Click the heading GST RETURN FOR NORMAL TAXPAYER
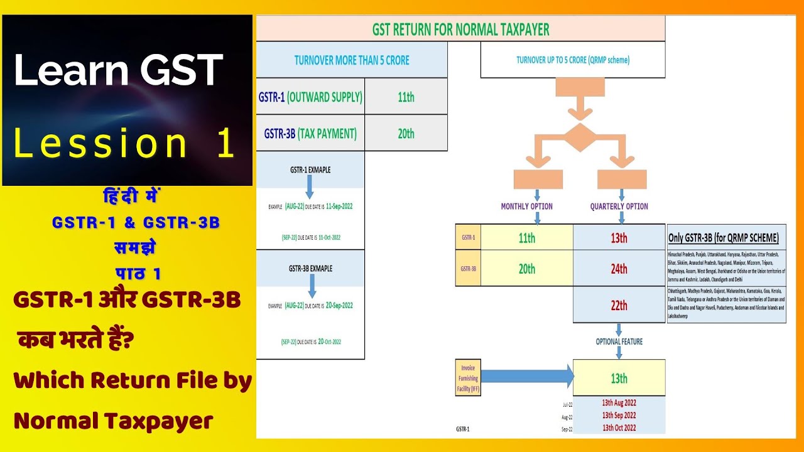[460, 29]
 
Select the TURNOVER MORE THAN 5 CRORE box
[352, 60]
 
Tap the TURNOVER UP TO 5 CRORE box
[572, 60]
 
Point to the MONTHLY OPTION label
[526, 206]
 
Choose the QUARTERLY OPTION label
[619, 206]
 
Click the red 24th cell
[619, 269]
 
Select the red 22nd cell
[619, 305]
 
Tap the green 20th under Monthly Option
[526, 269]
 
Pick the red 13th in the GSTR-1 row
[619, 238]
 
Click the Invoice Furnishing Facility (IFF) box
[468, 379]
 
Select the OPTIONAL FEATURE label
[619, 342]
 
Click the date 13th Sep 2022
[619, 415]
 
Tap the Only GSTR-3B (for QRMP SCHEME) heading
[724, 238]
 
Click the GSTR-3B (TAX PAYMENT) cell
[310, 133]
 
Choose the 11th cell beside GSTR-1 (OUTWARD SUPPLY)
[406, 97]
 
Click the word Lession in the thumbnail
[100, 144]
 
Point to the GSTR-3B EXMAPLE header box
[310, 268]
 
